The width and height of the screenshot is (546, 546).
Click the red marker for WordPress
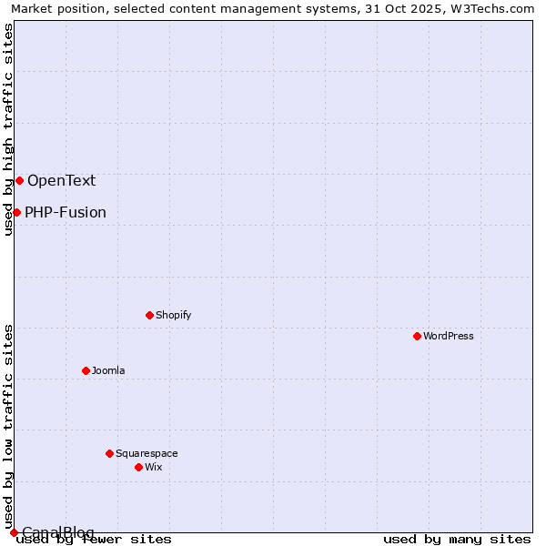pyautogui.click(x=417, y=336)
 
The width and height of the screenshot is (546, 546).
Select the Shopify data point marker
pyautogui.click(x=149, y=315)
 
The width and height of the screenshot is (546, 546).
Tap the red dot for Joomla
pyautogui.click(x=86, y=370)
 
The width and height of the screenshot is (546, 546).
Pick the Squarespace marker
pyautogui.click(x=109, y=453)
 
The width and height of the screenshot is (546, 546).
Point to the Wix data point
pyautogui.click(x=138, y=467)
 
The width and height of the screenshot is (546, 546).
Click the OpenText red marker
pyautogui.click(x=19, y=180)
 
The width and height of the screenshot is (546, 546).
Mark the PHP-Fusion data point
pyautogui.click(x=16, y=212)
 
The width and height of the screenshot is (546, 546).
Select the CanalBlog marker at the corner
pyautogui.click(x=14, y=532)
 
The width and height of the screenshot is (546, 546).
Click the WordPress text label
pyautogui.click(x=449, y=336)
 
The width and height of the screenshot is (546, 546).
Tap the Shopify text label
pyautogui.click(x=173, y=315)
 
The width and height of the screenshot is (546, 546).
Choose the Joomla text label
pyautogui.click(x=108, y=370)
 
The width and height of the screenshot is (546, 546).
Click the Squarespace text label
pyautogui.click(x=147, y=453)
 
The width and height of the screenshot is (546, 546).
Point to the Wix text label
pyautogui.click(x=154, y=467)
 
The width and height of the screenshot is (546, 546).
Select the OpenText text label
pyautogui.click(x=61, y=180)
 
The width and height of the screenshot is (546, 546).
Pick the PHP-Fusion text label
pyautogui.click(x=66, y=213)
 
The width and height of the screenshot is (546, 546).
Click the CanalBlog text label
pyautogui.click(x=58, y=532)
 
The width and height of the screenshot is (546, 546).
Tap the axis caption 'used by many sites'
pyautogui.click(x=457, y=540)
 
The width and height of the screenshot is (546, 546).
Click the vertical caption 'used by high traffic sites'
pyautogui.click(x=8, y=129)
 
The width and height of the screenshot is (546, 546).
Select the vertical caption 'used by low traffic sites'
pyautogui.click(x=8, y=426)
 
